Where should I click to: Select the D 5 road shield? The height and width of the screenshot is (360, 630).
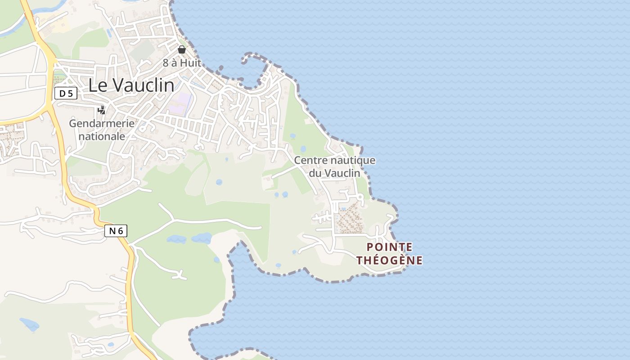66,94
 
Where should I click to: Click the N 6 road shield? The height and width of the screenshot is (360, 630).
116,231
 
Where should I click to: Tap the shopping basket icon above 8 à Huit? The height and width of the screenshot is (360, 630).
182,49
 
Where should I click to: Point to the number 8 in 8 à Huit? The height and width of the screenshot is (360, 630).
166,63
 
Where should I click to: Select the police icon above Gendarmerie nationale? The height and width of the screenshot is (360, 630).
102,110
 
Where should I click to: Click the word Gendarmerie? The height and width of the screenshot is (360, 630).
102,123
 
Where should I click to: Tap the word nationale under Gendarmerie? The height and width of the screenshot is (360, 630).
102,136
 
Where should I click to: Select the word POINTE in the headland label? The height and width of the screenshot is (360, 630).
390,247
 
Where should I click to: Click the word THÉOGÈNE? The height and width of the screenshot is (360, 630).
390,260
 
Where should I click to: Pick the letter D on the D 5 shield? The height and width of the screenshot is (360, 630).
62,94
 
